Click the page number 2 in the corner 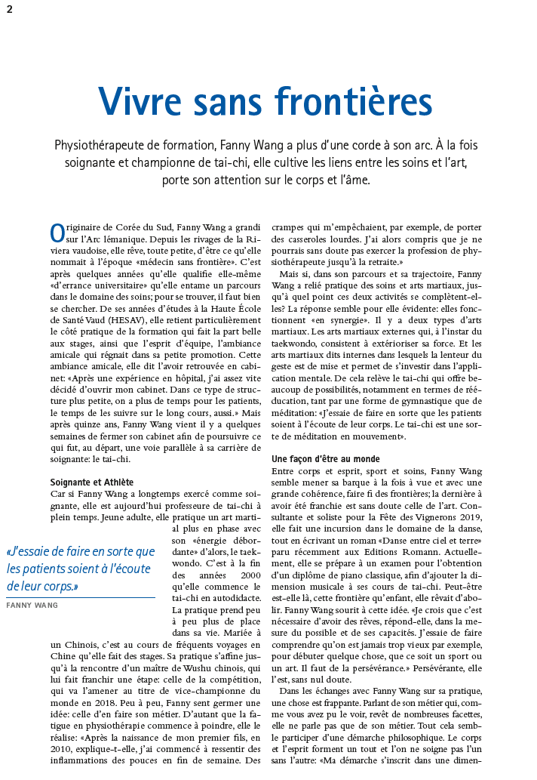click(9, 8)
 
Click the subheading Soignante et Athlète click(91, 482)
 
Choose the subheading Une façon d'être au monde click(325, 459)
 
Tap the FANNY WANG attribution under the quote click(31, 605)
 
